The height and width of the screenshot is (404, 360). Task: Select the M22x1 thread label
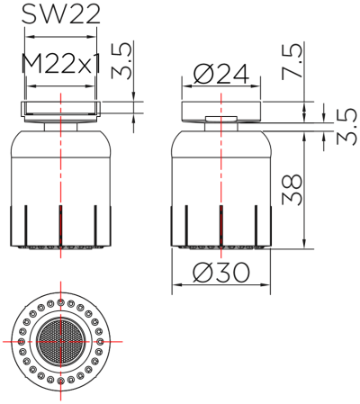60,65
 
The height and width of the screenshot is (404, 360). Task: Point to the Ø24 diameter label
220,75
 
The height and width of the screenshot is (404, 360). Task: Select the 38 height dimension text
293,190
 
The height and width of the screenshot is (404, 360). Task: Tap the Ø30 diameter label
220,269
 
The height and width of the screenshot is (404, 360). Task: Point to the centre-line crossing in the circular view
60,343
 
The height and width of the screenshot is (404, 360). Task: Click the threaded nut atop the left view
60,111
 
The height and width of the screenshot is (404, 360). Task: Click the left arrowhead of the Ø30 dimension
174,287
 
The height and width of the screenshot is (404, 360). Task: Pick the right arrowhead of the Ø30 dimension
267,287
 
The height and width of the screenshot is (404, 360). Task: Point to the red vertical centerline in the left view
60,180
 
